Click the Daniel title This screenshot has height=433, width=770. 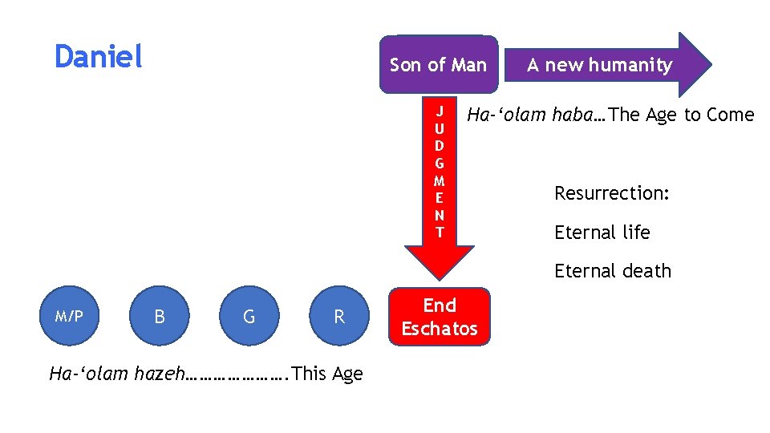(x=98, y=57)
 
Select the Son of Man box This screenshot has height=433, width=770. (x=438, y=65)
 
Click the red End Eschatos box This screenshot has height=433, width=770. (x=439, y=317)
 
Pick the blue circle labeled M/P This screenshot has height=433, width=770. (x=69, y=317)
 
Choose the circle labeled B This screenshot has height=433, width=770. (x=160, y=317)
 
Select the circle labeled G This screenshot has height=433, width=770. (x=249, y=317)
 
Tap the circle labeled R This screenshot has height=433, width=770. (x=339, y=317)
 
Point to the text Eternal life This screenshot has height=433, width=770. (x=602, y=233)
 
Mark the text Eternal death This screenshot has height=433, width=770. (x=612, y=271)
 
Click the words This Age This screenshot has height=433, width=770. (x=328, y=374)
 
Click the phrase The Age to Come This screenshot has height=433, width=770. (x=682, y=115)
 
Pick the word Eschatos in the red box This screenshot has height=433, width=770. (x=439, y=329)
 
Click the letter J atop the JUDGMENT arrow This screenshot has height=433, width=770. (x=439, y=110)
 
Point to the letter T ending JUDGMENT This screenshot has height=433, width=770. (x=439, y=233)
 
